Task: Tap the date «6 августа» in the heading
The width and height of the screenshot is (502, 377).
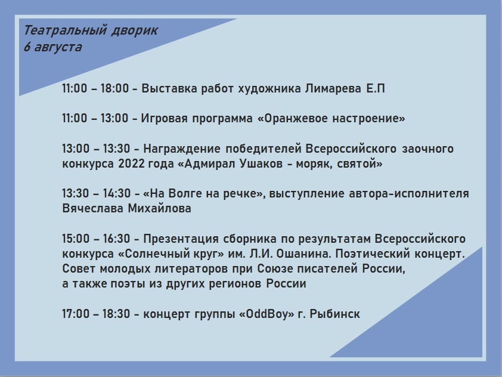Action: tap(53, 47)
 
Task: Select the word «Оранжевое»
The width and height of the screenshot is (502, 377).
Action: tap(295, 119)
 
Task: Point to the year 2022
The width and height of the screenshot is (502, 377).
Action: tap(131, 163)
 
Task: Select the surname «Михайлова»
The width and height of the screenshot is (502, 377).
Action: tap(159, 209)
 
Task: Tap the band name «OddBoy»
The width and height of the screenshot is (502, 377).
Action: tap(267, 314)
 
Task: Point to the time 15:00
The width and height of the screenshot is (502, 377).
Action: tap(76, 239)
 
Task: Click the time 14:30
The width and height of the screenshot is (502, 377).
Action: tap(116, 194)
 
